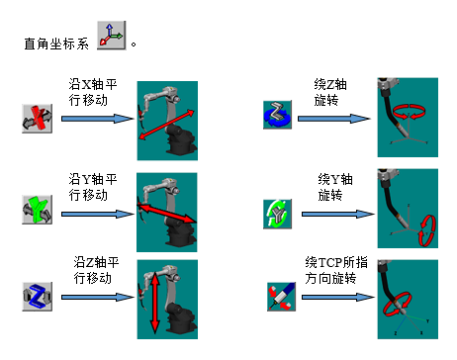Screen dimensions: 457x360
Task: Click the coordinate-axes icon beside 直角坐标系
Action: point(112,36)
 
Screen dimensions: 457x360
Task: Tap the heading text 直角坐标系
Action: point(56,44)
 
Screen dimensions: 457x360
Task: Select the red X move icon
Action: point(38,119)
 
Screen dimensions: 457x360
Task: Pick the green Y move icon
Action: point(38,210)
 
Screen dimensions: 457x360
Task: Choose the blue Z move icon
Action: point(38,297)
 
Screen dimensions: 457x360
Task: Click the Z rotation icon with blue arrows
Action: point(277,115)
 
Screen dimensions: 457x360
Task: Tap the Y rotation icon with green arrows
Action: point(277,214)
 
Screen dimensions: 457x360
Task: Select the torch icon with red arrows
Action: point(281,297)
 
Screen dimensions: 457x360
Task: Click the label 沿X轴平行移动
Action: point(93,92)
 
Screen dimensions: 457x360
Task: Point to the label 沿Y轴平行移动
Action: point(93,187)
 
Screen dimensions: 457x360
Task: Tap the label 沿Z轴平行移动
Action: point(96,270)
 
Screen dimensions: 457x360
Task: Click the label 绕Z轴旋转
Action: point(330,92)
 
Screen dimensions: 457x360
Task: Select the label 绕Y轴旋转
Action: point(335,187)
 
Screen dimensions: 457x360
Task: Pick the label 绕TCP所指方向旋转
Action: point(336,270)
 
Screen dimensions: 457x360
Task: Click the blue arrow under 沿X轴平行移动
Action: point(98,119)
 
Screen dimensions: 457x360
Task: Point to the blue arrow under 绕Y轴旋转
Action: point(338,214)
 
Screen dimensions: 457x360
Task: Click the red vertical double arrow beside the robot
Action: point(154,303)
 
